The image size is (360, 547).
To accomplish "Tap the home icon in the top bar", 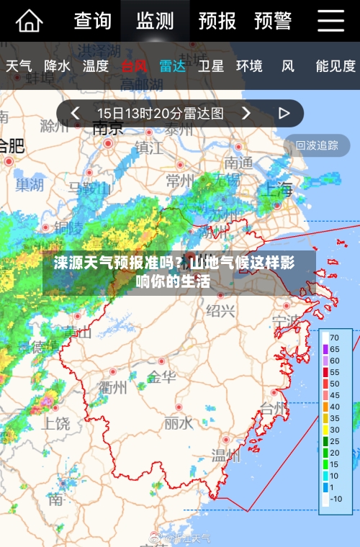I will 29,21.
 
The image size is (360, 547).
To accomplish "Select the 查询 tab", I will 93,21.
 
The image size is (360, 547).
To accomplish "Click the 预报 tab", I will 217,21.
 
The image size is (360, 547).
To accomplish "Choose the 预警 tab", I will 272,21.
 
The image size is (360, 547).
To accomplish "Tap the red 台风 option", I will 134,66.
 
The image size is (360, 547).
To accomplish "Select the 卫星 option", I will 211,66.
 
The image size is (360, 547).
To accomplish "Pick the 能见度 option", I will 336,66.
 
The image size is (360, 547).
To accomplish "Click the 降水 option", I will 57,66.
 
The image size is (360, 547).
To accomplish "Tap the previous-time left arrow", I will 74,113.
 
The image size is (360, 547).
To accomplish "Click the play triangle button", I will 284,113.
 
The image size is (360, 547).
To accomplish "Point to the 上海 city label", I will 277,189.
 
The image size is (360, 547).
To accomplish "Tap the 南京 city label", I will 108,129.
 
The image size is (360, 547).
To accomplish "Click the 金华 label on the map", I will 161,376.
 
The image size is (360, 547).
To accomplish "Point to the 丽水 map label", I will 178,422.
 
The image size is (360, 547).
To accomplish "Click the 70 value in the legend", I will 334,337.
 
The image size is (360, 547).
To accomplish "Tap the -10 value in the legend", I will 336,499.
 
